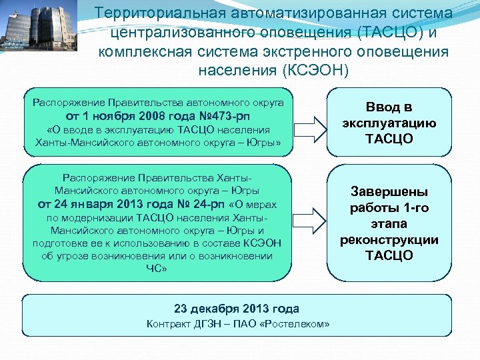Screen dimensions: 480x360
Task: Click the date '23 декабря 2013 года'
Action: pos(237,309)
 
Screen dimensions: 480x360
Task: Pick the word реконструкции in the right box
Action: pos(389,240)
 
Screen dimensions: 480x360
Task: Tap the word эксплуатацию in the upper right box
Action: pos(389,123)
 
